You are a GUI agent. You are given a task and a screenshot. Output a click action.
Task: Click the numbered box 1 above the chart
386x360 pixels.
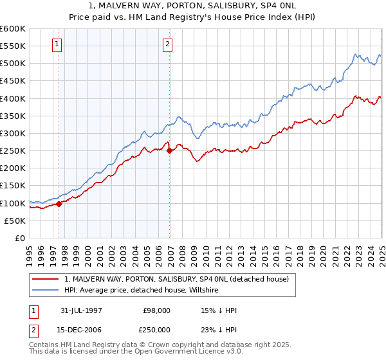coord(58,44)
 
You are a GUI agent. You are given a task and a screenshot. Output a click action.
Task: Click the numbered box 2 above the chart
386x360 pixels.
coord(167,44)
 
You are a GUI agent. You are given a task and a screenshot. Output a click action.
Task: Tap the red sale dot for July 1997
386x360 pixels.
coord(59,204)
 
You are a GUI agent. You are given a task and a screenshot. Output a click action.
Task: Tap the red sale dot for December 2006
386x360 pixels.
coord(169,151)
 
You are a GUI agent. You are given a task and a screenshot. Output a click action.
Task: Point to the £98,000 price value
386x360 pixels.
coord(157,310)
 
